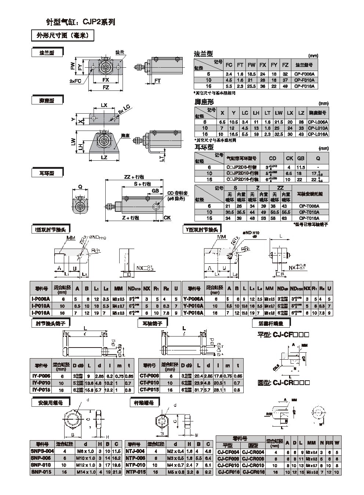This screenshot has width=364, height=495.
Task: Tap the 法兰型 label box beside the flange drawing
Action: [47, 53]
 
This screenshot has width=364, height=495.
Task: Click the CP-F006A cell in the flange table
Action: [305, 74]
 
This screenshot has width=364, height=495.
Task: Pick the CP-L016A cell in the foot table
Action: [318, 134]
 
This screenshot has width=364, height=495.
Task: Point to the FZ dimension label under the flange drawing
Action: [106, 88]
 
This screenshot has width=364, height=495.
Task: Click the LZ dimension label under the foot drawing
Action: [104, 157]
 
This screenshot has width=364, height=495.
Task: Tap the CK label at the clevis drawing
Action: [167, 218]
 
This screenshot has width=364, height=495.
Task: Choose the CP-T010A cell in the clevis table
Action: [309, 212]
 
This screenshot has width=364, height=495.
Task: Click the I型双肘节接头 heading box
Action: [50, 229]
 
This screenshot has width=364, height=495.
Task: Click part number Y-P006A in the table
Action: [193, 299]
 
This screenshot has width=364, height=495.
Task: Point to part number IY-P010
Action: [41, 383]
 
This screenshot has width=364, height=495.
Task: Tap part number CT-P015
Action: [149, 390]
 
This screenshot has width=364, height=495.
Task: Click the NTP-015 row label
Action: [135, 472]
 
